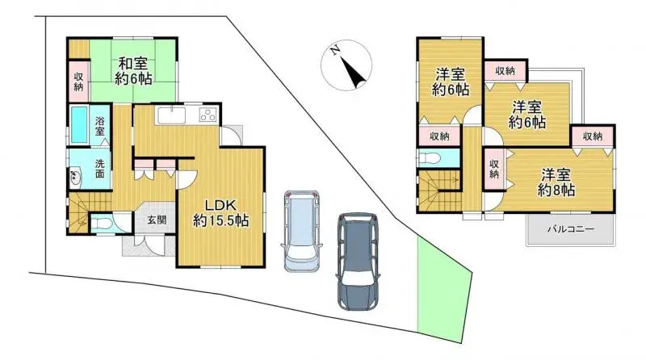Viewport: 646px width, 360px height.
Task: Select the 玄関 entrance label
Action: click(156, 220)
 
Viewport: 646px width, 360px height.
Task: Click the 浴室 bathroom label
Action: click(100, 126)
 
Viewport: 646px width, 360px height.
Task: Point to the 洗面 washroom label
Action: click(100, 168)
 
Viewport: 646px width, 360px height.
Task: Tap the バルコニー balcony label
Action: click(571, 229)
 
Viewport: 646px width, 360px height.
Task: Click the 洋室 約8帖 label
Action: click(558, 182)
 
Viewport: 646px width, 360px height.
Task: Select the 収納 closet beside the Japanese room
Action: click(78, 82)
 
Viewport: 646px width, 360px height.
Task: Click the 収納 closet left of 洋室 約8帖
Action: click(493, 169)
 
